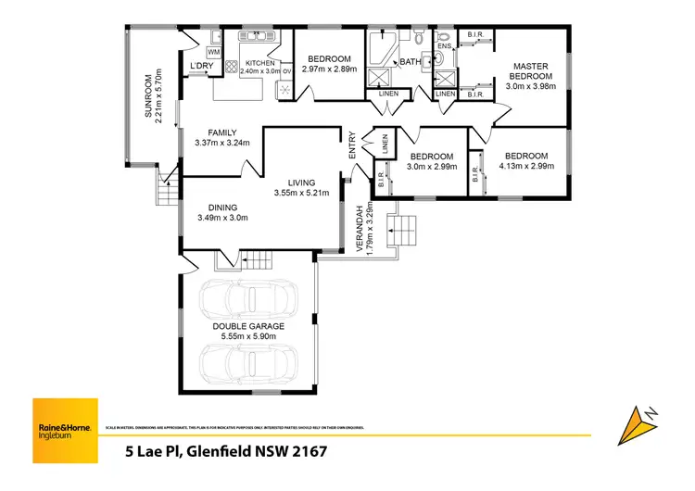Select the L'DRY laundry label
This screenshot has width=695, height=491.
[201, 68]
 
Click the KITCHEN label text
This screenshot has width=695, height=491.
[259, 62]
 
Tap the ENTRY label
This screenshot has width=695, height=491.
[353, 148]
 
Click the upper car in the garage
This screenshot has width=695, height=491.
[248, 298]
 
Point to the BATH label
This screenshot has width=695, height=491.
[409, 62]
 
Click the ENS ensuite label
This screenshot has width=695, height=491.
[443, 45]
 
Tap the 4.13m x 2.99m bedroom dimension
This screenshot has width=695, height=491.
[524, 167]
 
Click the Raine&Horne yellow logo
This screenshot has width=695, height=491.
[65, 430]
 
